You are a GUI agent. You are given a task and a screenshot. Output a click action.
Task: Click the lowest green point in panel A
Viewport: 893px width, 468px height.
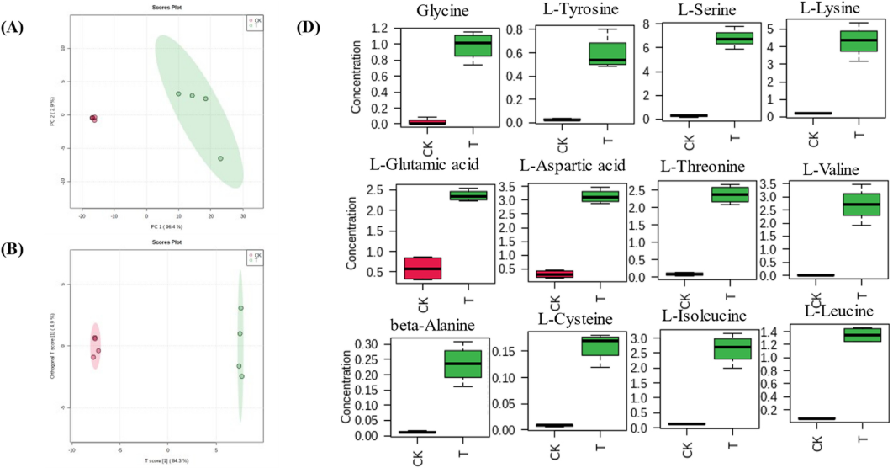coord(220,158)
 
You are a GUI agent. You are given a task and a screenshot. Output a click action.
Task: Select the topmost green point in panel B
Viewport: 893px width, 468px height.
coord(240,308)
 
